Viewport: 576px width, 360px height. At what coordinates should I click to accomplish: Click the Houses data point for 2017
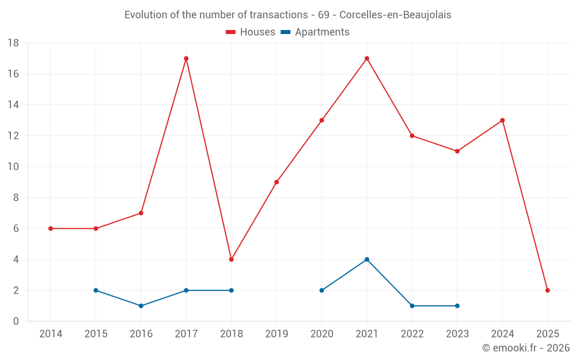pyautogui.click(x=186, y=58)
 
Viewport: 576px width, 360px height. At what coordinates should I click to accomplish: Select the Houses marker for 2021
pyautogui.click(x=367, y=58)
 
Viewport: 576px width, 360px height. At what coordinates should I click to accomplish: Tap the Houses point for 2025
pyautogui.click(x=548, y=290)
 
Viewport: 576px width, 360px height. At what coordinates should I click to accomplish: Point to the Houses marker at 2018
pyautogui.click(x=232, y=259)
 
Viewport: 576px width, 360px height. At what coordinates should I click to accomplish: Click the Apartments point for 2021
pyautogui.click(x=367, y=259)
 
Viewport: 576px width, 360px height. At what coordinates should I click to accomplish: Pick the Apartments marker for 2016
pyautogui.click(x=141, y=306)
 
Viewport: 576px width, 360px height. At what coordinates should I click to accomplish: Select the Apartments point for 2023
pyautogui.click(x=457, y=306)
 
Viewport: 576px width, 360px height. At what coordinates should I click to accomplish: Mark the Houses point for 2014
pyautogui.click(x=51, y=229)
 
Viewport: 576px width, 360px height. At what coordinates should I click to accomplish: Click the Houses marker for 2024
pyautogui.click(x=502, y=120)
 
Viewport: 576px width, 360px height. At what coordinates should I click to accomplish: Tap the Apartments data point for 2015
pyautogui.click(x=96, y=290)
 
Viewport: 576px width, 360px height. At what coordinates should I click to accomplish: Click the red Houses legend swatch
pyautogui.click(x=231, y=32)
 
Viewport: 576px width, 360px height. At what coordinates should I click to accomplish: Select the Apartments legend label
pyautogui.click(x=322, y=32)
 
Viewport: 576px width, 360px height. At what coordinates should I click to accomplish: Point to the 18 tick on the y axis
pyautogui.click(x=13, y=43)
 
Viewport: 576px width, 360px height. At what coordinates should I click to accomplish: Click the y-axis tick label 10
pyautogui.click(x=13, y=167)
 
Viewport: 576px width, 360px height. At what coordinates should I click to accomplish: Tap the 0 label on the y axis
pyautogui.click(x=16, y=321)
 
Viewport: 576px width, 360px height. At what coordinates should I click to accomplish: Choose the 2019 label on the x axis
pyautogui.click(x=276, y=334)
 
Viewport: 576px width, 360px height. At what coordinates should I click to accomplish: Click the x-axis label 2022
pyautogui.click(x=412, y=334)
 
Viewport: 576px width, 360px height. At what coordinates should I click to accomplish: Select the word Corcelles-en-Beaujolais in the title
pyautogui.click(x=395, y=14)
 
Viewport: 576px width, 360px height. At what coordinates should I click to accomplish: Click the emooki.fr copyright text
pyautogui.click(x=526, y=348)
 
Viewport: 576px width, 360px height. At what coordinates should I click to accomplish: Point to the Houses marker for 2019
pyautogui.click(x=276, y=182)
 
